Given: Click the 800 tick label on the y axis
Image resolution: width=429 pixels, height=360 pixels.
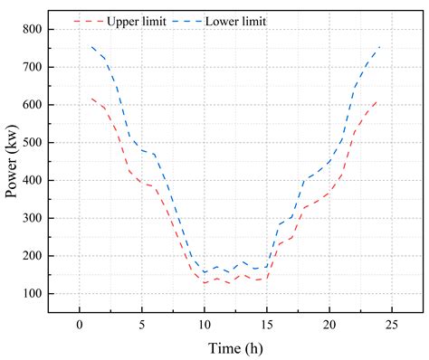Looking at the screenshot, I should pos(33,30).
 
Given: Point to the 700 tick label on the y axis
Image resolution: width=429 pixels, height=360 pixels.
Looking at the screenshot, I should pos(33,68).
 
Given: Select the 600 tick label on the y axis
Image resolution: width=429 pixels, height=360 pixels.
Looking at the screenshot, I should pos(33,105).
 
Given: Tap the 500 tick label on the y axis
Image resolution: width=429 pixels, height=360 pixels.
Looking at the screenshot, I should pos(33,143).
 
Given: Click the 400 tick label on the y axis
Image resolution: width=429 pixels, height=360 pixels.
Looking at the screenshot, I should pos(33,181).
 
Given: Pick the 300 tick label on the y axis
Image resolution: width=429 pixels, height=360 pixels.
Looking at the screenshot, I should pos(33,218).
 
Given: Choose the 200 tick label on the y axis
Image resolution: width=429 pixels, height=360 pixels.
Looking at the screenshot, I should pos(33,256).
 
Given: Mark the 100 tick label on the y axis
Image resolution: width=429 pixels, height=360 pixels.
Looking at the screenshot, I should pos(33,294).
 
